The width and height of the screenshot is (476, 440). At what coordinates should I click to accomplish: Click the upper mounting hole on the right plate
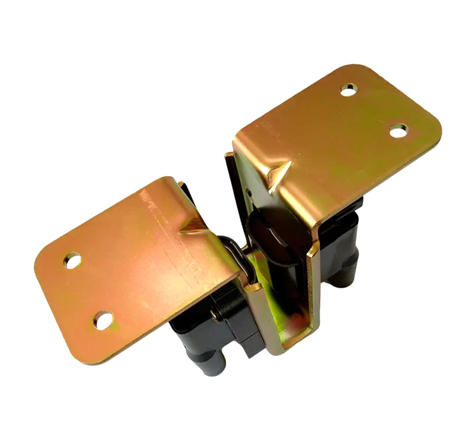(x=349, y=89)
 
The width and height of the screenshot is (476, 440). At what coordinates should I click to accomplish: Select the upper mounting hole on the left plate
(x=72, y=260)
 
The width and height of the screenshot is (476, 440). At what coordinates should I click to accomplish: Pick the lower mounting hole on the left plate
(x=103, y=320)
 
